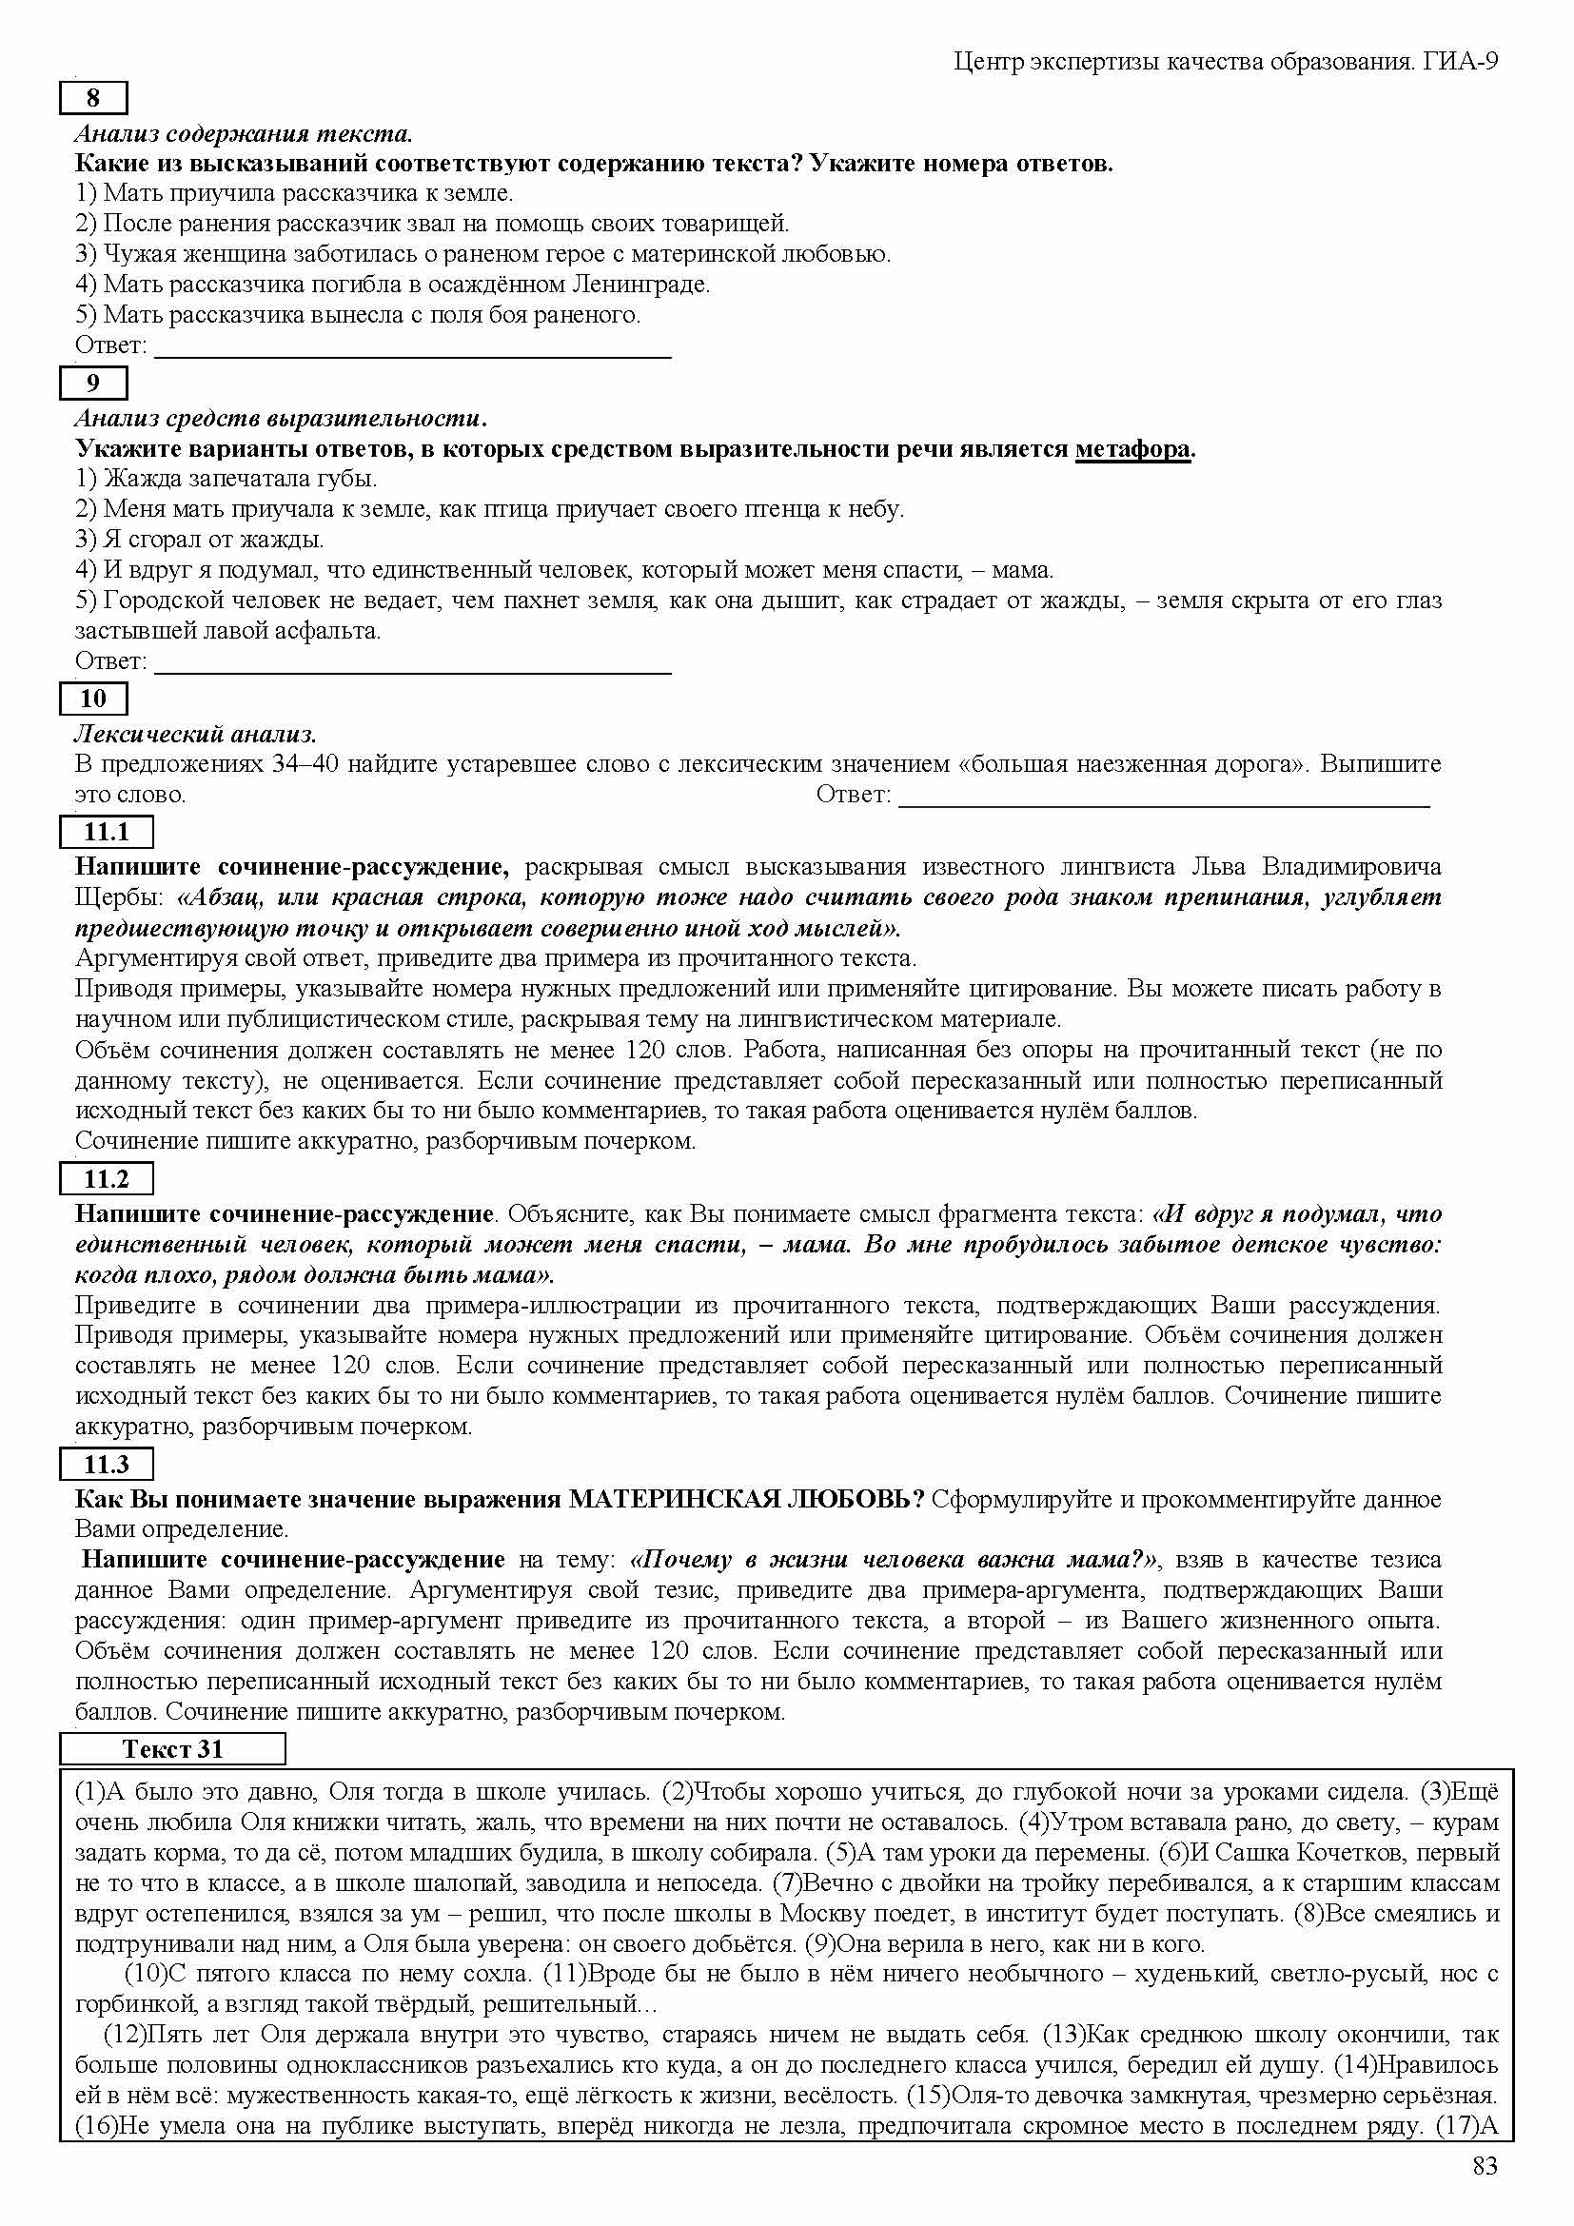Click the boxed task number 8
click(x=93, y=98)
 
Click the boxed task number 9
click(x=93, y=383)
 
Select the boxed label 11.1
click(x=106, y=832)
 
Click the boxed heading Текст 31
click(x=172, y=1749)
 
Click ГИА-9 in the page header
click(x=1462, y=62)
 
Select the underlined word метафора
click(x=1132, y=449)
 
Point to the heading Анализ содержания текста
click(x=244, y=133)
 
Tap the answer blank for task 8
click(x=413, y=347)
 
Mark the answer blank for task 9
click(x=413, y=662)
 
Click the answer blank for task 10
click(x=1164, y=796)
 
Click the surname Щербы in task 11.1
click(x=115, y=896)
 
